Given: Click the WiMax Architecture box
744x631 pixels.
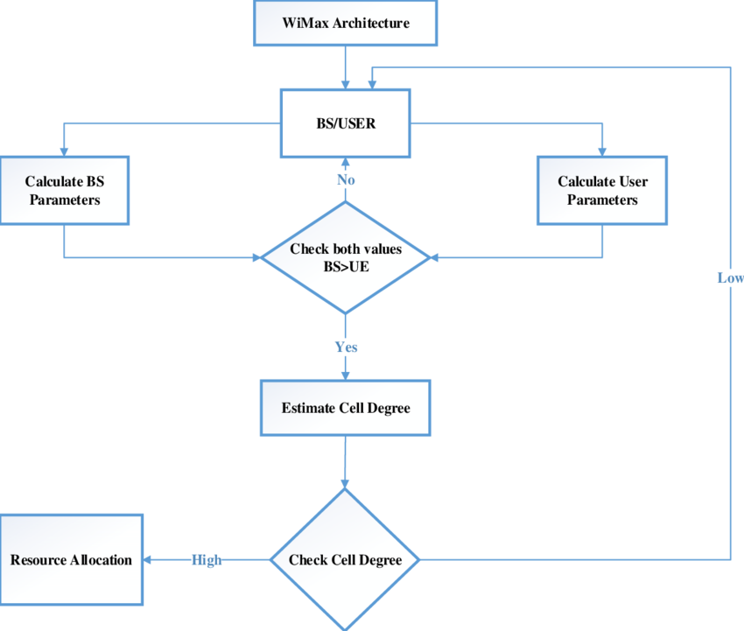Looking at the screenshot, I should (345, 24).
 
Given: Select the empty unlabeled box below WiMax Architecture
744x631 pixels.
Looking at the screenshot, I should (345, 123).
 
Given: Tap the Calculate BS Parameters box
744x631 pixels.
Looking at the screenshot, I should (64, 191).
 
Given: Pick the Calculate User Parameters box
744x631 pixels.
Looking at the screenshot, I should (601, 191).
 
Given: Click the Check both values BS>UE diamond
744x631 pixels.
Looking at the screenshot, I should (346, 257).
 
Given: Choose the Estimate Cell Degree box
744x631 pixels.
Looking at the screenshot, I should (345, 408).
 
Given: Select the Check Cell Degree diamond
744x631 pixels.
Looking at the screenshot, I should (345, 560).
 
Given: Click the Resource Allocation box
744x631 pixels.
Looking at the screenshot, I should (71, 560).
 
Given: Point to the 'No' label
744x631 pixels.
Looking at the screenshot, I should (346, 179).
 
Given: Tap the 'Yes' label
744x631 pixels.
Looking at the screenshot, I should (346, 347).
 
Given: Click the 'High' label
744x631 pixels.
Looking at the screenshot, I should (207, 560).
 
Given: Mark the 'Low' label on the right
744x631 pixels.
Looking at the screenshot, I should (730, 278).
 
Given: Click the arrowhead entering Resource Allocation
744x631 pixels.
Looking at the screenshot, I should (150, 560).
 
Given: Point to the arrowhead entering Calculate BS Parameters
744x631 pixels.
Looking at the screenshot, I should (64, 151).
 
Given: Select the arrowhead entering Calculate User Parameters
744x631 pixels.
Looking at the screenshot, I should (601, 151).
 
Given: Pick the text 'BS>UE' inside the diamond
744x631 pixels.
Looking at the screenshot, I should (346, 266).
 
